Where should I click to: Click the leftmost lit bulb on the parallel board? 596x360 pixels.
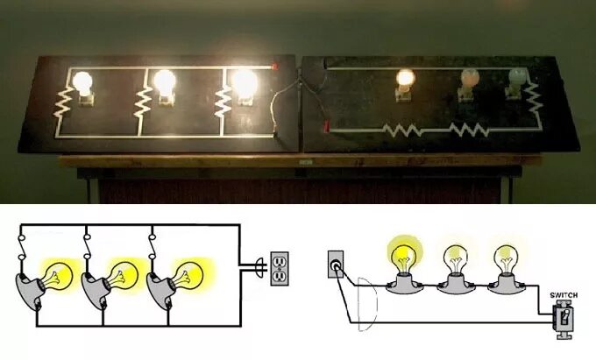(83, 83)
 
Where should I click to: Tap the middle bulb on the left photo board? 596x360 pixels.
(164, 82)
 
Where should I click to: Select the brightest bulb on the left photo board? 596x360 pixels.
(245, 83)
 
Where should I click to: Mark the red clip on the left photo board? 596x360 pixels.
(275, 67)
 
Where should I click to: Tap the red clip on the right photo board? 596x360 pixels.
(327, 128)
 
